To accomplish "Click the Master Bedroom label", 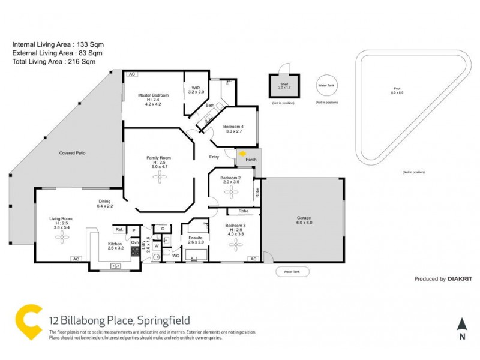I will coord(153,96).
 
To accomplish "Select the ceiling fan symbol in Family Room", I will coord(160,175).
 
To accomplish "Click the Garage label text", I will coord(304,219).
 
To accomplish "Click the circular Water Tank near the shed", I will coord(326,86).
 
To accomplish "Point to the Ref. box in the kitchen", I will coord(119,230).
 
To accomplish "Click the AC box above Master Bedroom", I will coord(131,74).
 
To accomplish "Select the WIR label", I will coord(196,88).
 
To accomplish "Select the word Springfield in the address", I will coord(168,320).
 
